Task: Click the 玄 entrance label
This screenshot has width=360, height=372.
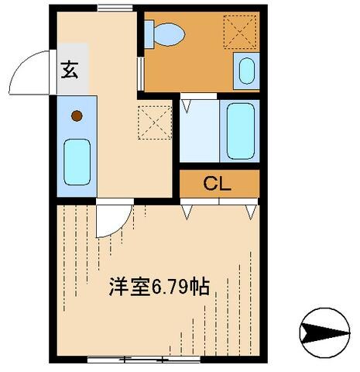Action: pyautogui.click(x=69, y=70)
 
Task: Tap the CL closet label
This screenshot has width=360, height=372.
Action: pyautogui.click(x=219, y=184)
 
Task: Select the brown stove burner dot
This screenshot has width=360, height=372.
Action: pyautogui.click(x=77, y=117)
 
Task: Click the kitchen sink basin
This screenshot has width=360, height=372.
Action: pyautogui.click(x=77, y=161)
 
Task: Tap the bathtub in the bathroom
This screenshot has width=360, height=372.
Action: pyautogui.click(x=240, y=130)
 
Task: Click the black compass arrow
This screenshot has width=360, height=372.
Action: pyautogui.click(x=324, y=333)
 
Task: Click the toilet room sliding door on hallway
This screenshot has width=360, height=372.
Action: pyautogui.click(x=139, y=71)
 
